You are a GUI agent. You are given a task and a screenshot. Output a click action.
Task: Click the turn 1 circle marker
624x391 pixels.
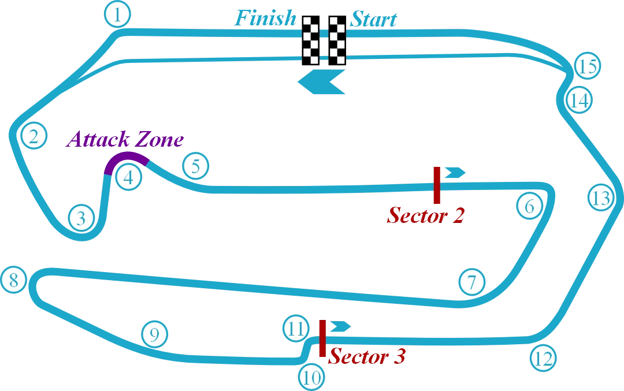click(x=118, y=15)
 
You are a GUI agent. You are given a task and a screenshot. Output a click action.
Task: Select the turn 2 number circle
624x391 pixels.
click(x=33, y=137)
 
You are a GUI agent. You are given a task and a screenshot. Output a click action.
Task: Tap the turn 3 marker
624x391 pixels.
click(x=81, y=218)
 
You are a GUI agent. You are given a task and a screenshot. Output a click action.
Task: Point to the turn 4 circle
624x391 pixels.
click(x=128, y=177)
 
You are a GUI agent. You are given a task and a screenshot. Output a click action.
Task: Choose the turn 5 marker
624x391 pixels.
click(x=196, y=167)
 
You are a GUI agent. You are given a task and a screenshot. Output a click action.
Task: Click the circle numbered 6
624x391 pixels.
click(x=529, y=206)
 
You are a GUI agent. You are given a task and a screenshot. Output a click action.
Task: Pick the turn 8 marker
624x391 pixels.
click(x=14, y=281)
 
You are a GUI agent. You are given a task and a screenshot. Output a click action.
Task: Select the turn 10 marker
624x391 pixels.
click(x=311, y=378)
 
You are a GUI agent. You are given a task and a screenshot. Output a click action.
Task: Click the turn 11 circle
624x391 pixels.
click(x=296, y=329)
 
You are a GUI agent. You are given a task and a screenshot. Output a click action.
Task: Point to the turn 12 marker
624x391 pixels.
click(x=543, y=358)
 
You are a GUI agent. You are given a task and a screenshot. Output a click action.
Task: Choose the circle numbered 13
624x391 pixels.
click(x=601, y=199)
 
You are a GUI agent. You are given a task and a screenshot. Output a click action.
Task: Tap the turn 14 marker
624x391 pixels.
click(x=578, y=100)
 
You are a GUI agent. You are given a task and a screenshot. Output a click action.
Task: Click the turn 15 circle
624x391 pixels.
click(x=588, y=66)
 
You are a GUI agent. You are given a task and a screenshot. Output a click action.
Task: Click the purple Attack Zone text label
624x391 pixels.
click(x=125, y=140)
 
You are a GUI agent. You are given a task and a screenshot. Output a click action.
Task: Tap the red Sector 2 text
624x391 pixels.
click(x=426, y=216)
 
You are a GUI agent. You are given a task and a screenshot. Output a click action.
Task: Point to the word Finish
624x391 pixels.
click(x=267, y=19)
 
